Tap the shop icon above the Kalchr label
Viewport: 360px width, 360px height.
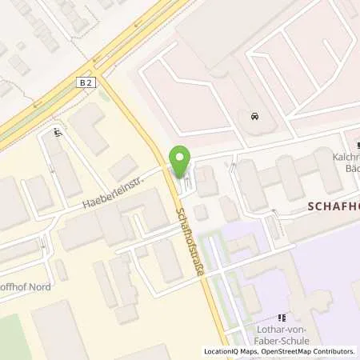pyautogui.click(x=358, y=144)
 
